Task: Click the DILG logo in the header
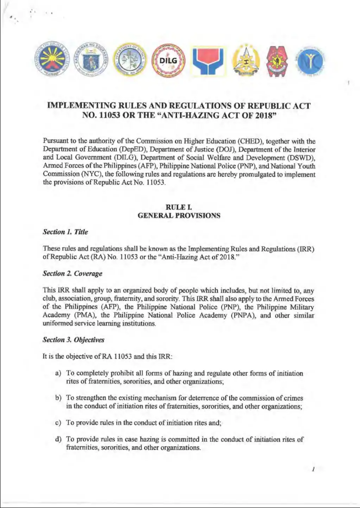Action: (x=167, y=61)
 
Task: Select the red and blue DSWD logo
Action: (x=205, y=61)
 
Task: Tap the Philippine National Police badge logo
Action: (x=275, y=62)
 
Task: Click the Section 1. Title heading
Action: (x=65, y=232)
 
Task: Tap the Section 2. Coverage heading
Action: (x=72, y=273)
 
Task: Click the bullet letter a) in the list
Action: (x=58, y=373)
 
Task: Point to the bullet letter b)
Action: (x=58, y=398)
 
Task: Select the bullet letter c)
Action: (x=58, y=423)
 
